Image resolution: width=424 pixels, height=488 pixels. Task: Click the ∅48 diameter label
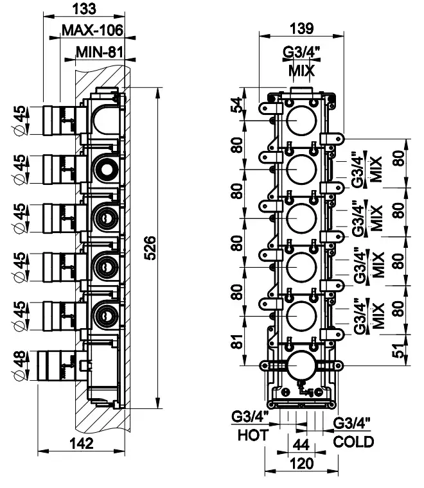[21, 364]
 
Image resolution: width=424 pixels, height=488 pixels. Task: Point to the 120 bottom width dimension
[301, 464]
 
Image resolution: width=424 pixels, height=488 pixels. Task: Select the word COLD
[353, 442]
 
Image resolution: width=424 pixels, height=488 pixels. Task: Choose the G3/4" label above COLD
[353, 423]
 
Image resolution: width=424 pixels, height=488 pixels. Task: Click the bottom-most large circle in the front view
[300, 365]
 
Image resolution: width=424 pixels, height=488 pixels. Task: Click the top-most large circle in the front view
[300, 120]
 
